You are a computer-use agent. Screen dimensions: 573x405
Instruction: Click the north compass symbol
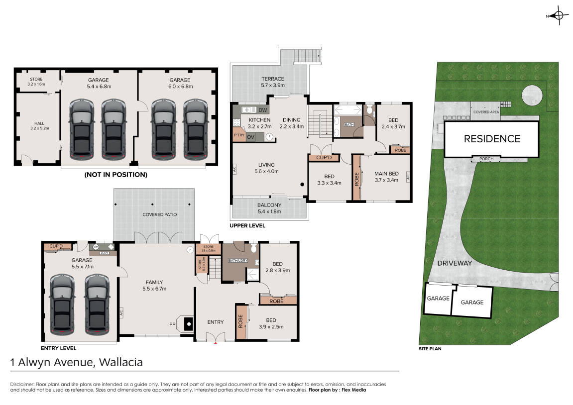pyautogui.click(x=558, y=16)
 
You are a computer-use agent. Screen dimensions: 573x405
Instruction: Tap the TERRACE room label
pyautogui.click(x=273, y=79)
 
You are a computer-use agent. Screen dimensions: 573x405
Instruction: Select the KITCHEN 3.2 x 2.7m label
pyautogui.click(x=259, y=123)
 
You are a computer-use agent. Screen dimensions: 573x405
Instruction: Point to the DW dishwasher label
pyautogui.click(x=263, y=110)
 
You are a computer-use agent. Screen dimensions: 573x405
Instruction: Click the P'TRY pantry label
pyautogui.click(x=239, y=135)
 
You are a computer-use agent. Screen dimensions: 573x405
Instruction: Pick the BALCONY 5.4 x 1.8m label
pyautogui.click(x=269, y=208)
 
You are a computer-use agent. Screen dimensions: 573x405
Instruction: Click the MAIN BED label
pyautogui.click(x=386, y=174)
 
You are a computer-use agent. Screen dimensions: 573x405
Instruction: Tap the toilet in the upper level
pyautogui.click(x=369, y=109)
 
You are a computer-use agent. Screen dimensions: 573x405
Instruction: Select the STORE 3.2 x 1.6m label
pyautogui.click(x=36, y=82)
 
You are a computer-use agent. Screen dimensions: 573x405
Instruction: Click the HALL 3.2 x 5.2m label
pyautogui.click(x=39, y=126)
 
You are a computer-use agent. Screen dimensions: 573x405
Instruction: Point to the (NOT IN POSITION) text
pyautogui.click(x=116, y=175)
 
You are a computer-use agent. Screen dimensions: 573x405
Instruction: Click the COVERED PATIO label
pyautogui.click(x=160, y=214)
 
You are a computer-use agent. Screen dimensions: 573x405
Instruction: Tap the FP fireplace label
pyautogui.click(x=172, y=324)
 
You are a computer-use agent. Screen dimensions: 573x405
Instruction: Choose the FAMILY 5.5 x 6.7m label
pyautogui.click(x=154, y=285)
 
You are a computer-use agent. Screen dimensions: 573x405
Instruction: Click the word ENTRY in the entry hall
pyautogui.click(x=215, y=322)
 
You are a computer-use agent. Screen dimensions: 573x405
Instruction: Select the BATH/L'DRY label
pyautogui.click(x=238, y=260)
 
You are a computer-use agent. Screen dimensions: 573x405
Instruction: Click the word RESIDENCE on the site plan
pyautogui.click(x=492, y=139)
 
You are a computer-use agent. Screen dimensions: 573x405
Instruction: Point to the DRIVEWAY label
pyautogui.click(x=455, y=263)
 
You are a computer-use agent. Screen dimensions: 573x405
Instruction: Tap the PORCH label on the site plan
pyautogui.click(x=486, y=159)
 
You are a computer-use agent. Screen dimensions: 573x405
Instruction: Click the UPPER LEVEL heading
pyautogui.click(x=247, y=226)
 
